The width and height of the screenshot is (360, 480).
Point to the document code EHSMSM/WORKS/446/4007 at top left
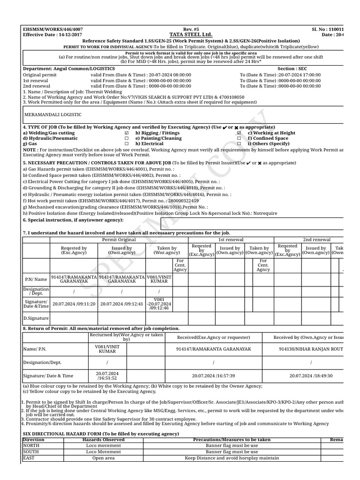point(52,29)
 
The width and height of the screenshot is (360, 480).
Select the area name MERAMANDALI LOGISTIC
point(53,114)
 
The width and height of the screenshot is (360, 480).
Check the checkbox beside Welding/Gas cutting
point(127,133)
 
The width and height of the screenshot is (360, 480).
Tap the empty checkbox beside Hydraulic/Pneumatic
point(127,139)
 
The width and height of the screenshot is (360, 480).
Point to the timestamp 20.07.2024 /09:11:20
point(74,304)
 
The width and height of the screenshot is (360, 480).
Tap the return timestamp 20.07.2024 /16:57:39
point(213,375)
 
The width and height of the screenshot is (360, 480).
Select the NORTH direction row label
point(31,446)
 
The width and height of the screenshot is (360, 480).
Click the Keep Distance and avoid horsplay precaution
point(232,458)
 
